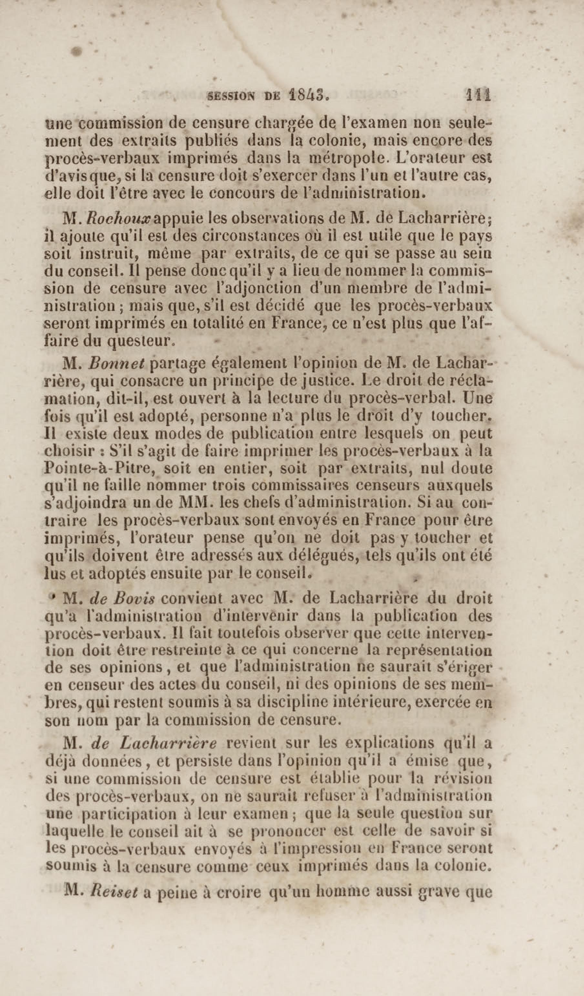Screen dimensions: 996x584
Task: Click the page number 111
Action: click(x=479, y=96)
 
